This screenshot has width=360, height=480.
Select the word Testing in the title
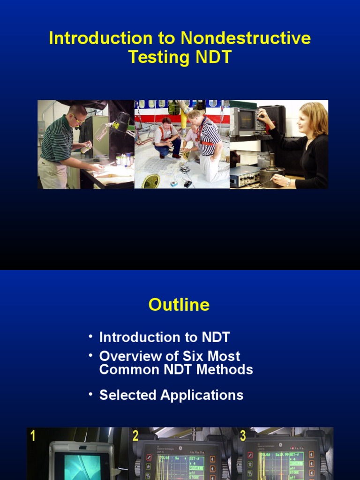point(159,57)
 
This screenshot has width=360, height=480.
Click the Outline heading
point(179,305)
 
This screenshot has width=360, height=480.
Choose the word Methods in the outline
point(224,369)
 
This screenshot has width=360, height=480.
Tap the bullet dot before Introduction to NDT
point(90,336)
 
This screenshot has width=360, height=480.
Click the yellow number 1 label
point(33,436)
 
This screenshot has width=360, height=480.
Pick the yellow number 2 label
point(135,436)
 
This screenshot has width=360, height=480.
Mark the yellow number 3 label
point(243,436)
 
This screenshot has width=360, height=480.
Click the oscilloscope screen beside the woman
point(247,120)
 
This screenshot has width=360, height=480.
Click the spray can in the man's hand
point(86,148)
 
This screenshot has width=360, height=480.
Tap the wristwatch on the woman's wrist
point(289,182)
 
